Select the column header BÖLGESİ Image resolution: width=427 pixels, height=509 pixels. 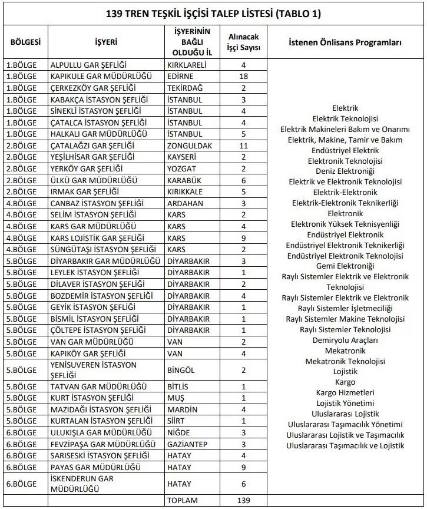coord(25,42)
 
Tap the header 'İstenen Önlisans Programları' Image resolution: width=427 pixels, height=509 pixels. coord(345,42)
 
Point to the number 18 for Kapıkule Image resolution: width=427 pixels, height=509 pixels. coord(243,76)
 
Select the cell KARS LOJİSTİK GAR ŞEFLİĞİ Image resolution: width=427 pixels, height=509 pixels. coord(97,237)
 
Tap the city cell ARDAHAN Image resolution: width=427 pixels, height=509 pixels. coord(186,203)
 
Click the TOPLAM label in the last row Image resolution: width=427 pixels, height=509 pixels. coord(183,500)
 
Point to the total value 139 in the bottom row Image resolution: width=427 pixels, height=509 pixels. coord(243,500)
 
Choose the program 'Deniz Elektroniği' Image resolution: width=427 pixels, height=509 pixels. coord(345,171)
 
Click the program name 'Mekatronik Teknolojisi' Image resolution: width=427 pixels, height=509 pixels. coord(345,361)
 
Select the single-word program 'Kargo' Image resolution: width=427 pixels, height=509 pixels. coord(345,382)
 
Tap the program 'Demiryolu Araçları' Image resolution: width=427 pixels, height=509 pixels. coord(345,340)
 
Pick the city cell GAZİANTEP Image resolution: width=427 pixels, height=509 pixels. coord(188,444)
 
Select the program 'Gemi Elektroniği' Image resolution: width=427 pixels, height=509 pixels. coord(345,266)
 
